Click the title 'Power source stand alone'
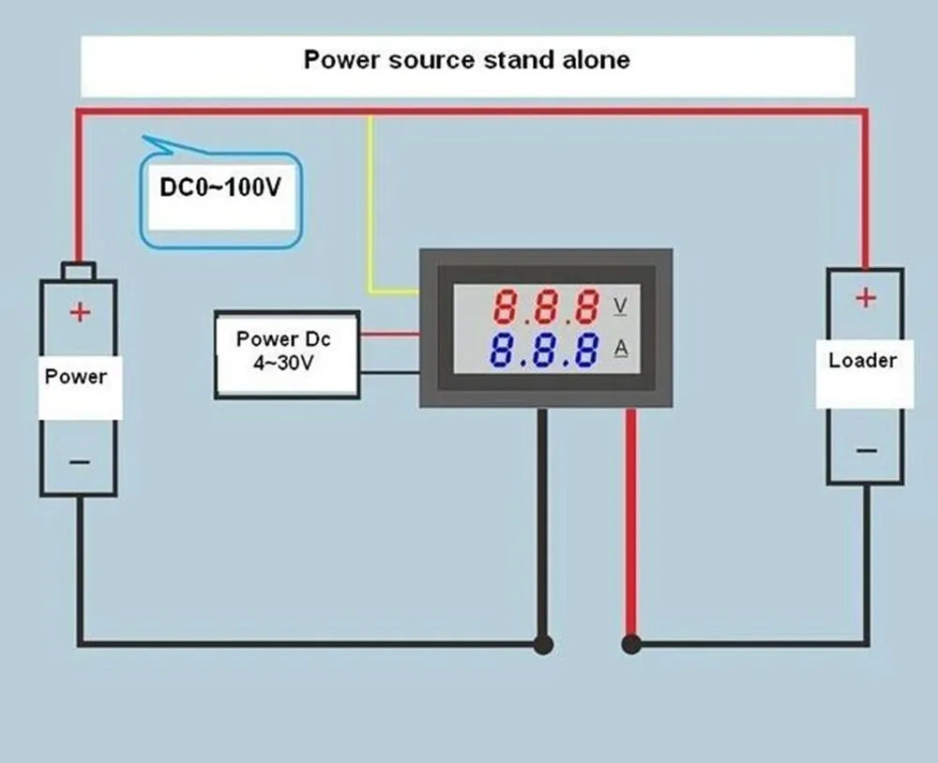466,60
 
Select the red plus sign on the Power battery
80,312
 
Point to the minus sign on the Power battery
80,462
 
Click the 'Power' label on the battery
76,377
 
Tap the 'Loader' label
862,361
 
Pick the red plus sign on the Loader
865,298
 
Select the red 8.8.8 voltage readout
547,307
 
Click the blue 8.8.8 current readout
545,350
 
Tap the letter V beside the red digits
620,306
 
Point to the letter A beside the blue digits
621,349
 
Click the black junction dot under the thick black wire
542,644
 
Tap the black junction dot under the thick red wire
631,644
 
